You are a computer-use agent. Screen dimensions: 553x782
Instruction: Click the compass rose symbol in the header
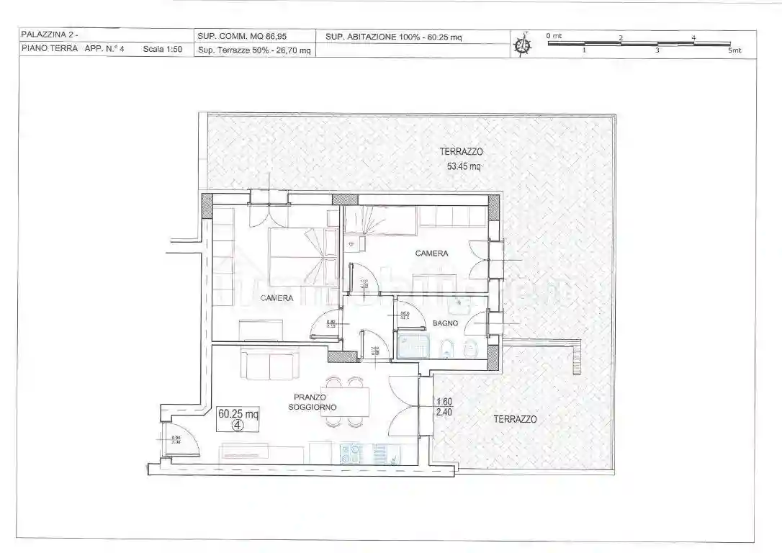(x=523, y=44)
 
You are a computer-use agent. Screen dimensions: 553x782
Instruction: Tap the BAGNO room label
(x=445, y=323)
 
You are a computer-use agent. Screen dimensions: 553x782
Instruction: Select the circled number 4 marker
(x=238, y=425)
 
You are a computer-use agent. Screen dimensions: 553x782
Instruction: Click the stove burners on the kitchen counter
(x=351, y=454)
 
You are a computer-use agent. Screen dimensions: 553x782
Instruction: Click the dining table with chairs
(x=344, y=402)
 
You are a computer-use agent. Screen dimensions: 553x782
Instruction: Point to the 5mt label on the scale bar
(x=734, y=50)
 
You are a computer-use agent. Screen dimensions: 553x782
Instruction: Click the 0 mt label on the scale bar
(x=553, y=35)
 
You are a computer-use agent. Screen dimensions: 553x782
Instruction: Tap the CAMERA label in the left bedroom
(x=277, y=298)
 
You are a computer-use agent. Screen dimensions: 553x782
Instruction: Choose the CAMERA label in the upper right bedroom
(x=431, y=253)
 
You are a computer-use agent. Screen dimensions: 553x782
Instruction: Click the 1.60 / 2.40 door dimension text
(x=444, y=408)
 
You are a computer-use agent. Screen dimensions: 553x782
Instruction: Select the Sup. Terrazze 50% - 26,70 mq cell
(x=254, y=50)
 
